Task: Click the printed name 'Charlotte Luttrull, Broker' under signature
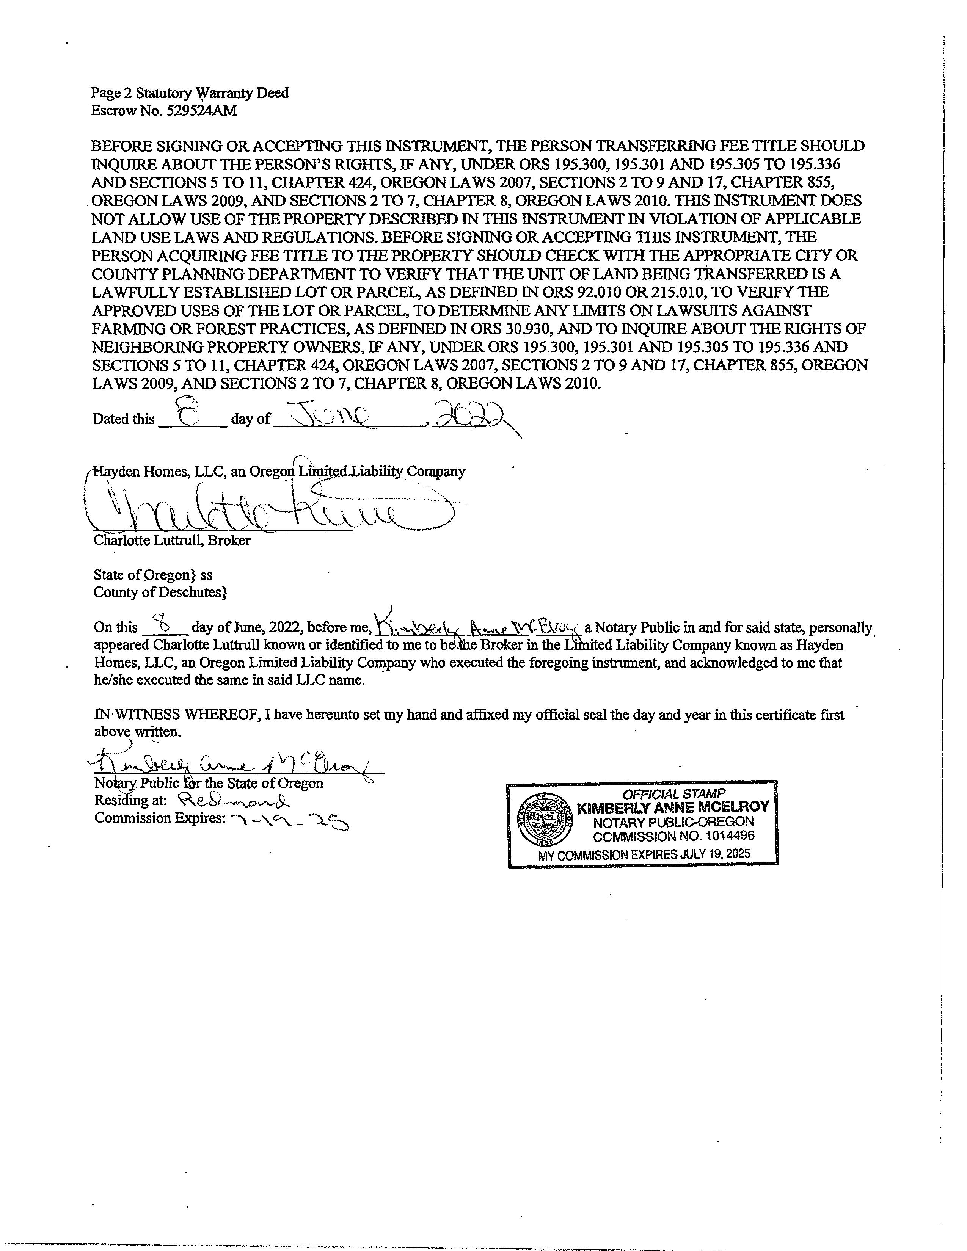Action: [172, 540]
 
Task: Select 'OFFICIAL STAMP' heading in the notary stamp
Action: [674, 793]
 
